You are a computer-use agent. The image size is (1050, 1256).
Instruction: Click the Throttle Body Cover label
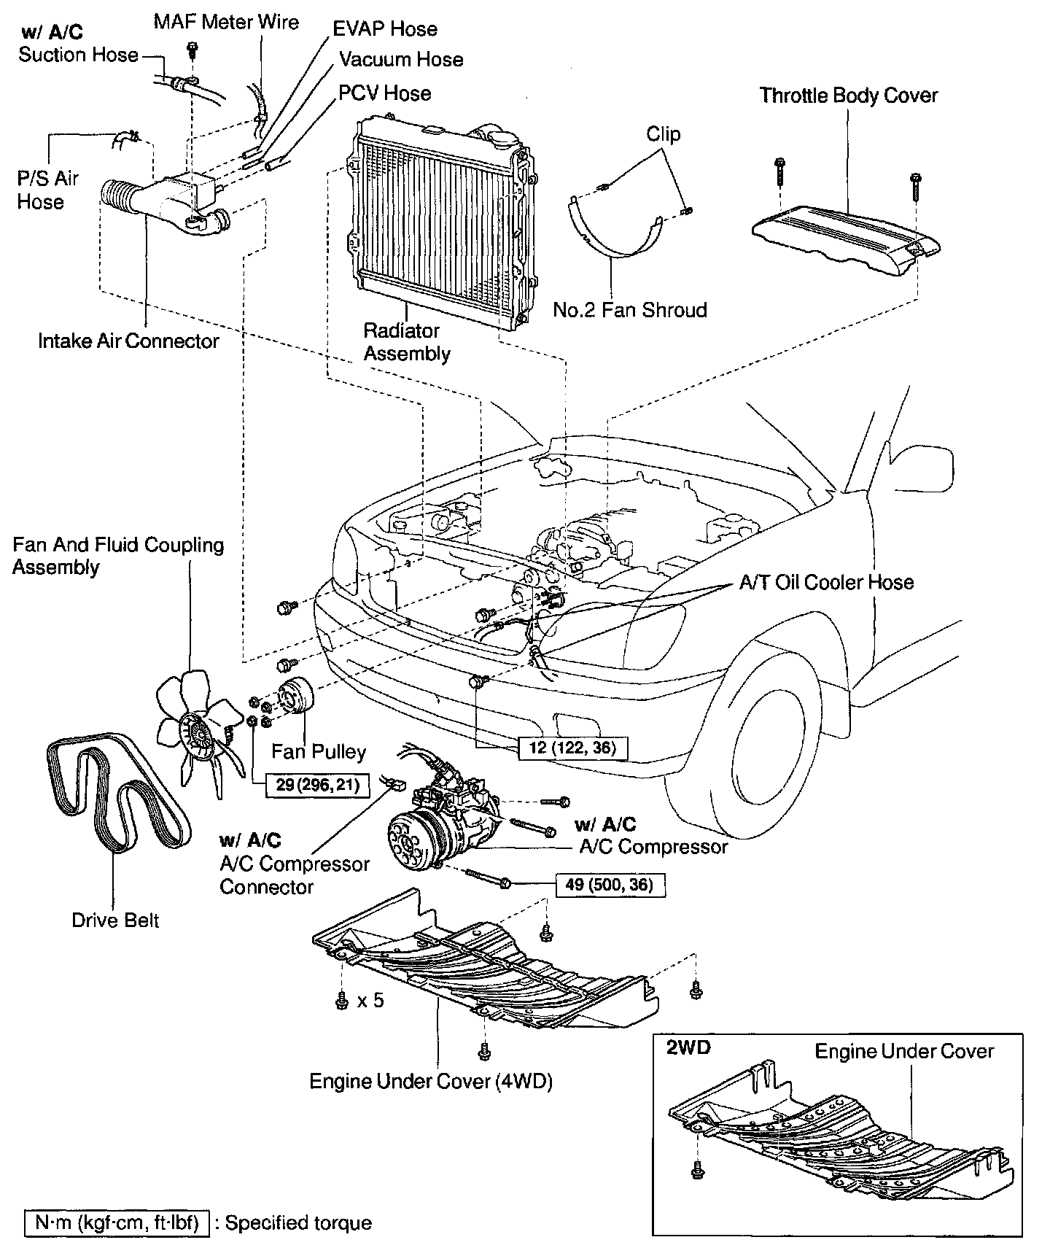point(848,96)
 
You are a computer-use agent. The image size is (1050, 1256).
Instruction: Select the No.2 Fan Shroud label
point(629,310)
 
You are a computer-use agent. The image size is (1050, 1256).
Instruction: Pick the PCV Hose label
point(384,93)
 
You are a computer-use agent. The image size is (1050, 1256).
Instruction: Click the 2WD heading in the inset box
point(688,1048)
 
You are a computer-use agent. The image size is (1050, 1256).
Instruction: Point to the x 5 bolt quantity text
point(370,1000)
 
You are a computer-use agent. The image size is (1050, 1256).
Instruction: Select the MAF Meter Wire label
point(226,22)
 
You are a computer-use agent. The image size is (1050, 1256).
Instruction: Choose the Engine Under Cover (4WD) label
point(430,1081)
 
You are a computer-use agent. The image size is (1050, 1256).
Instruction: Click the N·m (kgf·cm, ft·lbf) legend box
point(117,1223)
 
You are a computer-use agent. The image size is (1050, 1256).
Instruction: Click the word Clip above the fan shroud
point(663,134)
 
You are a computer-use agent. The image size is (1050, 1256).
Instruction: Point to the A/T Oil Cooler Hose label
point(826,582)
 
